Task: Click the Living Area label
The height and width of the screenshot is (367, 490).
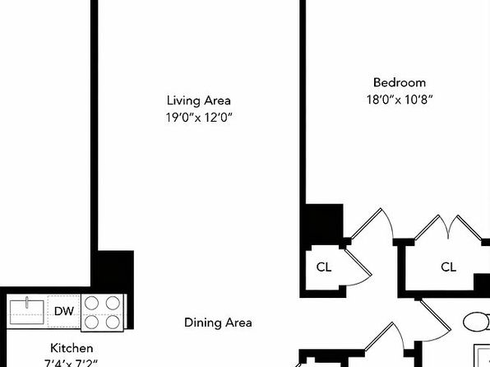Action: [x=199, y=100]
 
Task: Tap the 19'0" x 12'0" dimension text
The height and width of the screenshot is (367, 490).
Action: [x=199, y=118]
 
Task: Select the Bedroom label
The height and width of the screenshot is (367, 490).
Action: [x=400, y=82]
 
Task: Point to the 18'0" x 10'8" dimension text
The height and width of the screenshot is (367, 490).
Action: [x=400, y=100]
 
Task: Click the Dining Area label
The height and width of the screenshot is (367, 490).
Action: [x=218, y=323]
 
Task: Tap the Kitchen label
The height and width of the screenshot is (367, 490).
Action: [x=72, y=348]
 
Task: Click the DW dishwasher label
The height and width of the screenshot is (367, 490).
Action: [x=64, y=311]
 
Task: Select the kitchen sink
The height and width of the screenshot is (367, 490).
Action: [x=27, y=312]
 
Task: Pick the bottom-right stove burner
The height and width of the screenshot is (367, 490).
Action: [x=113, y=322]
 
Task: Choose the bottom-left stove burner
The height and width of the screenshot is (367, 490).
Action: [x=92, y=322]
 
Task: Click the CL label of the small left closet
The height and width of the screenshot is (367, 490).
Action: [x=324, y=267]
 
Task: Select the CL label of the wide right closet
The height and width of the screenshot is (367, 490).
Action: [x=448, y=267]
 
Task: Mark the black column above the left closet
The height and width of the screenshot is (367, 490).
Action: [x=323, y=224]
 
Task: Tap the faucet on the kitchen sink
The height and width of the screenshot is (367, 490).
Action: [x=27, y=303]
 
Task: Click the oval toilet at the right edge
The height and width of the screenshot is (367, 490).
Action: [x=477, y=322]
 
